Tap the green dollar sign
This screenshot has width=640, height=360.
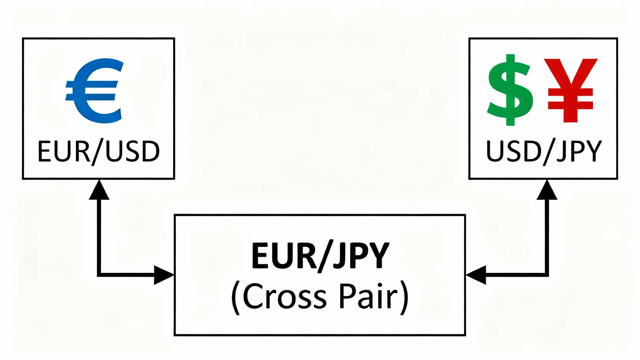pyautogui.click(x=511, y=90)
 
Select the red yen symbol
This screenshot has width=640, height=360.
pyautogui.click(x=570, y=90)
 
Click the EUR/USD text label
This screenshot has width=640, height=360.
pyautogui.click(x=98, y=151)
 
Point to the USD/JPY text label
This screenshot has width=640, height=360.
pyautogui.click(x=543, y=151)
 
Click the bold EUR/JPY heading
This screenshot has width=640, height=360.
pyautogui.click(x=320, y=255)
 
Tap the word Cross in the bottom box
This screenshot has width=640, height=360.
pyautogui.click(x=284, y=296)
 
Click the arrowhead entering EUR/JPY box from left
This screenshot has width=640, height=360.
pyautogui.click(x=164, y=275)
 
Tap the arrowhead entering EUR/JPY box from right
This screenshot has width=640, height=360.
pyautogui.click(x=476, y=275)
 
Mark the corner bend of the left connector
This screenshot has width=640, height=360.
pyautogui.click(x=99, y=275)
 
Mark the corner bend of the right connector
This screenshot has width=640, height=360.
pyautogui.click(x=547, y=275)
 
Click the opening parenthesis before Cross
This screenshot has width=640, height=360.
pyautogui.click(x=235, y=298)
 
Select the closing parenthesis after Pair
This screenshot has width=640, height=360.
pyautogui.click(x=404, y=298)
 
